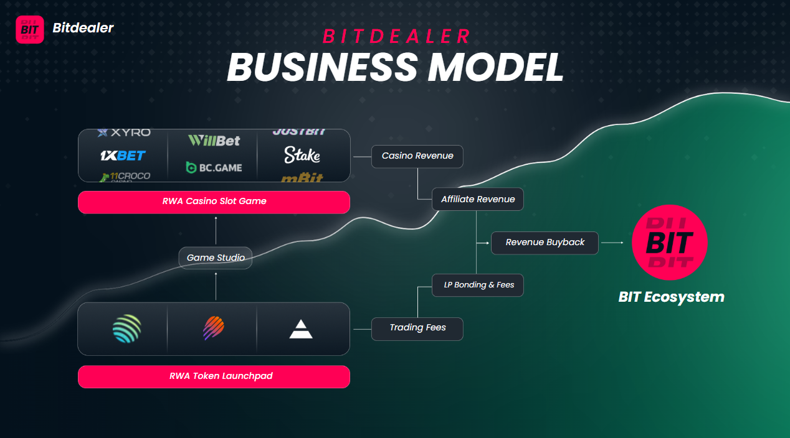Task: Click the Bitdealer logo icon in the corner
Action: coord(30,29)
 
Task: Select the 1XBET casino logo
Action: coord(123,155)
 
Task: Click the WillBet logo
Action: coord(214,141)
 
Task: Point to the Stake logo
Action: coord(302,155)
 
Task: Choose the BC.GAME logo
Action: coord(214,167)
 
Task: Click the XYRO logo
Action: coord(124,133)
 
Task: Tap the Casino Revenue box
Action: coord(417,156)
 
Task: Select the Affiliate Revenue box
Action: coord(478,200)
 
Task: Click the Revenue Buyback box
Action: coord(545,243)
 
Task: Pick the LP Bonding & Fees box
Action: coord(478,285)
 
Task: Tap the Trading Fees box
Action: coord(417,328)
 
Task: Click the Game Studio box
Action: coord(216,258)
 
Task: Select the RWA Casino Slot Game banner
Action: coord(214,202)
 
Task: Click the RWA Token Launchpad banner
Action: coord(214,376)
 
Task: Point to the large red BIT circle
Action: coord(670,242)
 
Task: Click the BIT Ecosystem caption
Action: coord(671,297)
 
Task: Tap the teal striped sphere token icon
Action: coord(127,328)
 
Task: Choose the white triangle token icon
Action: coord(301,330)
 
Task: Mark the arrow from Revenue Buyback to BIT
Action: coord(613,243)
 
